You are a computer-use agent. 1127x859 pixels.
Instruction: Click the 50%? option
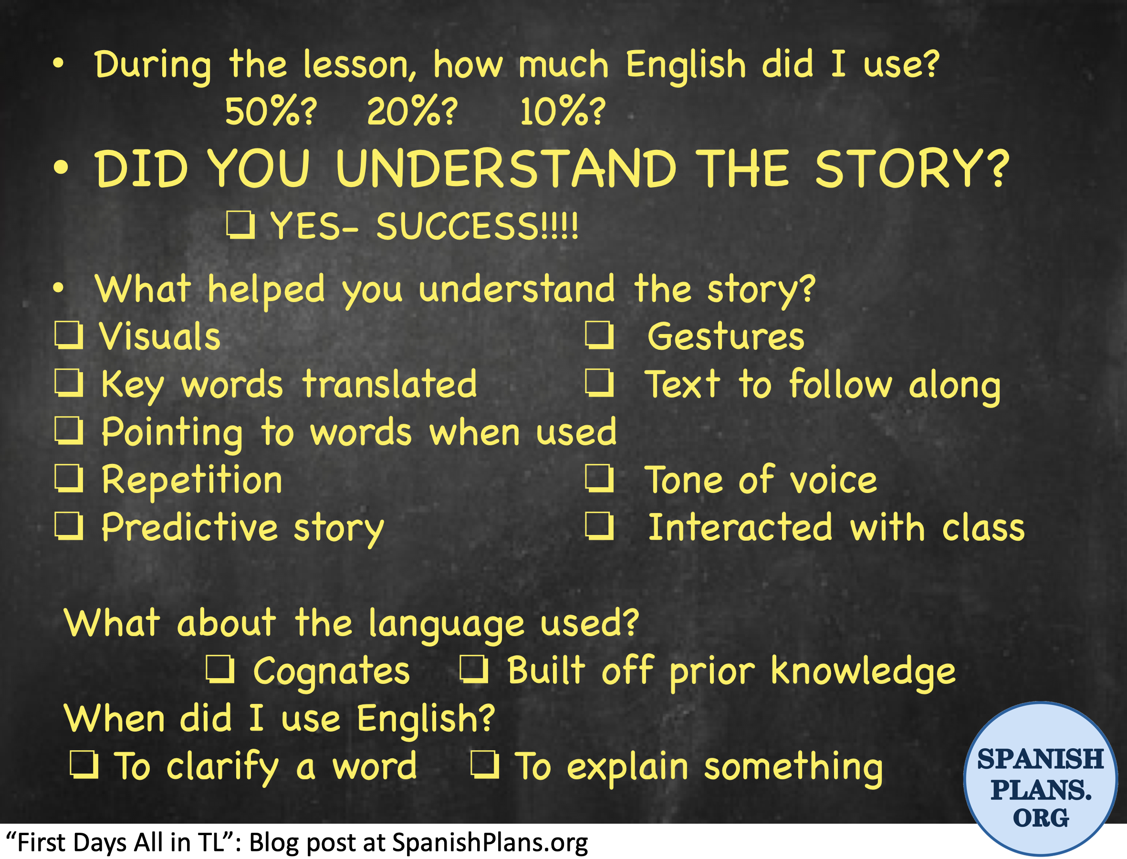[271, 112]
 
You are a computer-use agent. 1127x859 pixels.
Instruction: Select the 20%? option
[412, 112]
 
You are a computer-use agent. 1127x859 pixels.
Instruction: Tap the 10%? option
[563, 112]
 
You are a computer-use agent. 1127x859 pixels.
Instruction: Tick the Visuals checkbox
[69, 335]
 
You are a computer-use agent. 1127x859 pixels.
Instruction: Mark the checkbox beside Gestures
[600, 335]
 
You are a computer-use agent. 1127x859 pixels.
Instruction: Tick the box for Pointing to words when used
[69, 431]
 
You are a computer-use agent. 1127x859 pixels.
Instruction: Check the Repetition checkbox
[69, 479]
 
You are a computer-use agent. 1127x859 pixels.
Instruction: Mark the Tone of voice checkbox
[600, 479]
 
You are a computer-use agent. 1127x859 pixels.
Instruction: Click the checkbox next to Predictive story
[69, 526]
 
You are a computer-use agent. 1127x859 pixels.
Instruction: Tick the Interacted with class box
[600, 526]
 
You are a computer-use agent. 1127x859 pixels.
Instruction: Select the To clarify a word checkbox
[84, 765]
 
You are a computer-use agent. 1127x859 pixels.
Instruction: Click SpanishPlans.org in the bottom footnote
[490, 842]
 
